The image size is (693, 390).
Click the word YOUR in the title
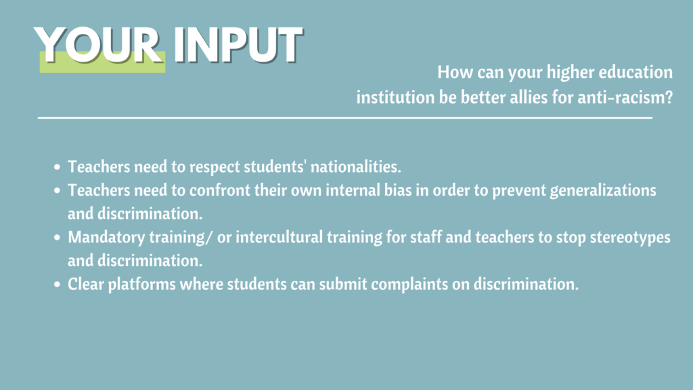97,45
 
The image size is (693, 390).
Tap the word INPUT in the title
238,45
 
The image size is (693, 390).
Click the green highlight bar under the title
103,62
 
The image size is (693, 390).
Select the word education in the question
635,72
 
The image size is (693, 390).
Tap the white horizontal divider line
344,118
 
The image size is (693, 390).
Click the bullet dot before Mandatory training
57,238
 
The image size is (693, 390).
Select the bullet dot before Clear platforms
57,284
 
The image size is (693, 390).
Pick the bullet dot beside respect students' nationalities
57,167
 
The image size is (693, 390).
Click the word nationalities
356,167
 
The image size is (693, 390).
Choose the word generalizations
603,191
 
